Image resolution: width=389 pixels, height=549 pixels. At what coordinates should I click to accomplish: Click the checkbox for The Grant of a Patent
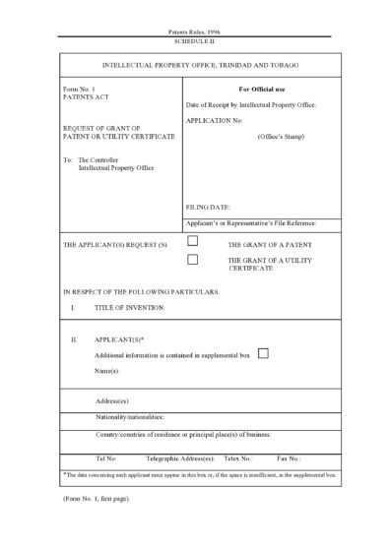point(193,240)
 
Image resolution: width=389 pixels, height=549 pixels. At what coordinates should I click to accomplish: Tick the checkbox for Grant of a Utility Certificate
point(193,259)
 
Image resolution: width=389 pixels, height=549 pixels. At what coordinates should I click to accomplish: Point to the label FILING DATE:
point(208,208)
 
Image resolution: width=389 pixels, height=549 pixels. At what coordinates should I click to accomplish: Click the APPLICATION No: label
point(213,119)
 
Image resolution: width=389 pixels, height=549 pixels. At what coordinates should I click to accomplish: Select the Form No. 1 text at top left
point(78,90)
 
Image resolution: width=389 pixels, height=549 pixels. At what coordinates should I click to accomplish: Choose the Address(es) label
point(112,401)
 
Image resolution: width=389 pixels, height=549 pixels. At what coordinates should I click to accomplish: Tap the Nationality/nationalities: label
point(129,417)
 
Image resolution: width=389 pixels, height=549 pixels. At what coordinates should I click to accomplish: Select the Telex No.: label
point(237,458)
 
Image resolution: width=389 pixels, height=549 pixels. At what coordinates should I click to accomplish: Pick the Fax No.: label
point(289,458)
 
